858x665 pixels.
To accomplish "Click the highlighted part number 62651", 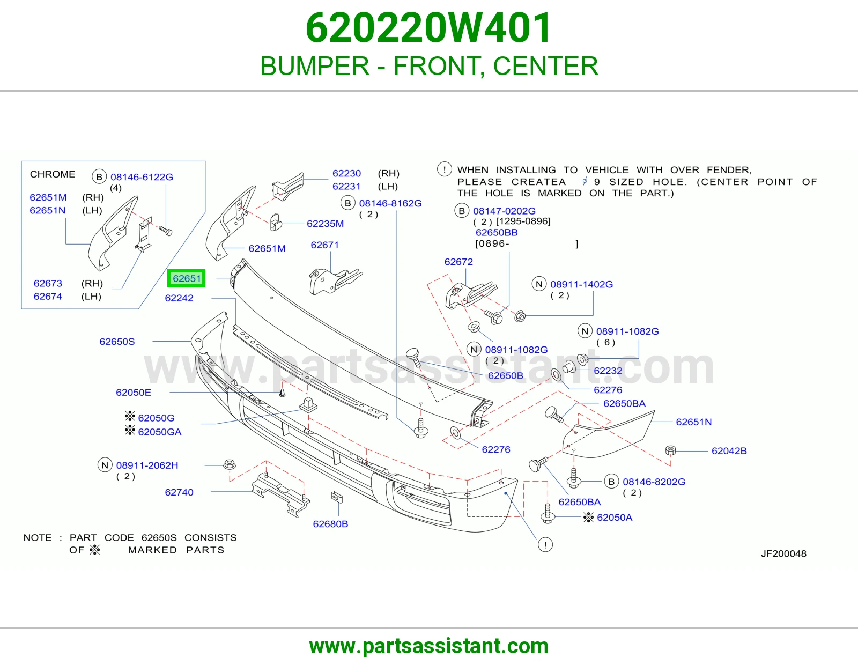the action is click(x=187, y=278).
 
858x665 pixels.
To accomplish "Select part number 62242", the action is click(x=179, y=298).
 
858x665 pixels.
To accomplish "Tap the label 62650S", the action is click(x=117, y=342).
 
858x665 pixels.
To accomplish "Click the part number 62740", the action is click(x=179, y=492).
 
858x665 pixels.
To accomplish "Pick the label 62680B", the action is click(x=330, y=524).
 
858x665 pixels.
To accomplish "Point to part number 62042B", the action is click(x=729, y=451).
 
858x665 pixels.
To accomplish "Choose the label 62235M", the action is click(x=325, y=224).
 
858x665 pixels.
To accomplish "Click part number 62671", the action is click(x=324, y=245).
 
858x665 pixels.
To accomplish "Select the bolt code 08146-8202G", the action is click(x=654, y=482).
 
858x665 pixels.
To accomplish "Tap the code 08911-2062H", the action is click(x=147, y=465).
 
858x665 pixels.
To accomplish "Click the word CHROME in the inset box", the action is click(x=53, y=174).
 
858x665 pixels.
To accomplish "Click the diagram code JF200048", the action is click(x=783, y=553).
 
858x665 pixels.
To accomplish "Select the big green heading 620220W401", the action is click(x=428, y=28).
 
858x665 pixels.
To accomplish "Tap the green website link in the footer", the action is click(x=429, y=646).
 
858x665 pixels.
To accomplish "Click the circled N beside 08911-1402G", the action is click(x=539, y=284).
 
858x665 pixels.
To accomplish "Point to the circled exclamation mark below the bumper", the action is click(x=545, y=545).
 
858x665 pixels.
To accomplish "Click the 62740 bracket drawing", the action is click(x=281, y=494).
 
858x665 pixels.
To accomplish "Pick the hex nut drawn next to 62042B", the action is click(x=670, y=450).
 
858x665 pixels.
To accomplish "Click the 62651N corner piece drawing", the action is click(x=608, y=434).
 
